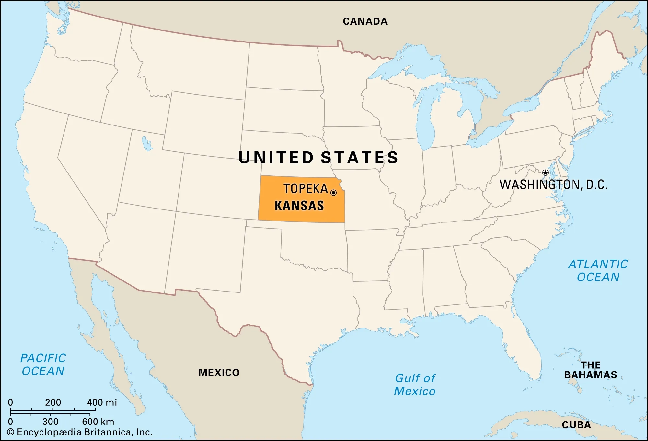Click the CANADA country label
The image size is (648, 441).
tap(365, 21)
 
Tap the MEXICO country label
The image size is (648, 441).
tap(219, 373)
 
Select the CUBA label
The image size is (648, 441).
tap(576, 425)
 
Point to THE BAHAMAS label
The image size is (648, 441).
tap(590, 370)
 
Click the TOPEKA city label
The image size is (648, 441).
tap(306, 189)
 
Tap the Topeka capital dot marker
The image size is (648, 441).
tap(333, 193)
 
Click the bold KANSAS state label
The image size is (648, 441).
tap(299, 206)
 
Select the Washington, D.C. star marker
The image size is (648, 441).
tap(545, 173)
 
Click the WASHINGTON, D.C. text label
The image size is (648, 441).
tap(553, 185)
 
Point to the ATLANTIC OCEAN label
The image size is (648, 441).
tap(598, 270)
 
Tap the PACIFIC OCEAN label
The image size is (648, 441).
tap(43, 364)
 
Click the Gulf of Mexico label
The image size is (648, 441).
tap(415, 385)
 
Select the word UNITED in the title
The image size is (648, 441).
tap(276, 158)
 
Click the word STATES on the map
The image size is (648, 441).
tap(359, 158)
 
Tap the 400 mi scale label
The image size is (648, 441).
tap(102, 402)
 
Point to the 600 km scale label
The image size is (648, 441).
tap(98, 422)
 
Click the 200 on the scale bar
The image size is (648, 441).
tap(53, 402)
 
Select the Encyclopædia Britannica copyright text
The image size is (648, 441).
tap(80, 432)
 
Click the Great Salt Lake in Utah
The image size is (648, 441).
tap(147, 144)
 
